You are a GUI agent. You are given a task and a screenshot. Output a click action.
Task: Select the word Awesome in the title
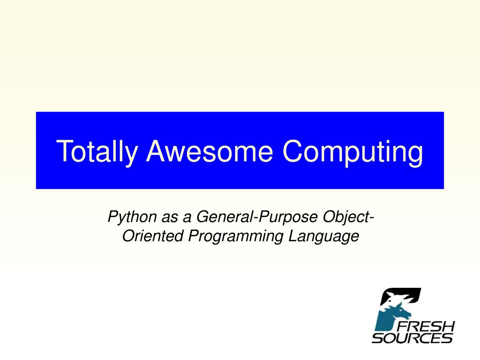210,151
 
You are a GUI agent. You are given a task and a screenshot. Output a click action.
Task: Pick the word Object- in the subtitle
348,217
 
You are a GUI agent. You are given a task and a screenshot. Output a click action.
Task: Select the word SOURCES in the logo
412,337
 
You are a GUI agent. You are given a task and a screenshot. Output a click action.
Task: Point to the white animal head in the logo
398,297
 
